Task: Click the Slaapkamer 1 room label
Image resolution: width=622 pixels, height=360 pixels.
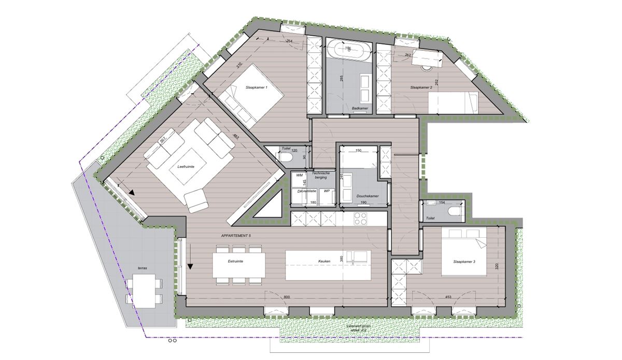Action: click(256, 88)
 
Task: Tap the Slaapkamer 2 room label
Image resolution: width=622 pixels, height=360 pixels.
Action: click(421, 88)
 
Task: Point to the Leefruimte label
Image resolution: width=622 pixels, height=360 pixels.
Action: click(185, 167)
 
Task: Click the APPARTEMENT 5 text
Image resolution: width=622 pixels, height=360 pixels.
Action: click(236, 236)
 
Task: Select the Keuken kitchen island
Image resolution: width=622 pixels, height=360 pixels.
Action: click(328, 264)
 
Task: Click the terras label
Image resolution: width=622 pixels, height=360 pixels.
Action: click(142, 268)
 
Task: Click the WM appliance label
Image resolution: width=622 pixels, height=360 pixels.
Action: click(299, 176)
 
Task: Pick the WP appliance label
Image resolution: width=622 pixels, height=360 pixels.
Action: click(327, 191)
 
